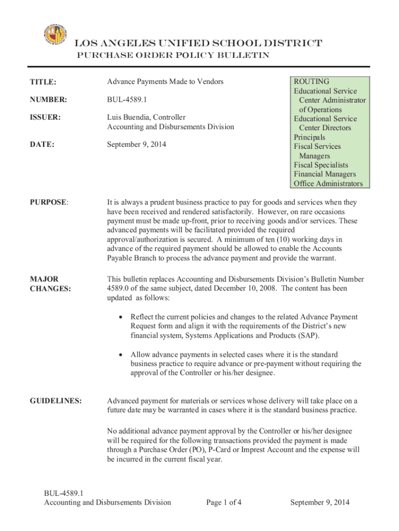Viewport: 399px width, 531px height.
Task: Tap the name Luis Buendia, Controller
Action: click(x=146, y=117)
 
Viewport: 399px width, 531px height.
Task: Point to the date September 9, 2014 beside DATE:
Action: click(x=136, y=145)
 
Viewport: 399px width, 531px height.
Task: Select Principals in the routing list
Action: click(x=309, y=137)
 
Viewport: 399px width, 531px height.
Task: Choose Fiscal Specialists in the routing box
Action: click(x=321, y=165)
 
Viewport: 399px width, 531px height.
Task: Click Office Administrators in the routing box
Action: click(x=328, y=184)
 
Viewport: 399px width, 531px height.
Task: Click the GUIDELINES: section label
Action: click(x=55, y=401)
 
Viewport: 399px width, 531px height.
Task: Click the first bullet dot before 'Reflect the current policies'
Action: click(x=121, y=317)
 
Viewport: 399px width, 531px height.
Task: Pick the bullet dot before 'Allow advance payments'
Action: click(x=121, y=354)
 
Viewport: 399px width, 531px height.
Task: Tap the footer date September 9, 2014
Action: click(x=320, y=502)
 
